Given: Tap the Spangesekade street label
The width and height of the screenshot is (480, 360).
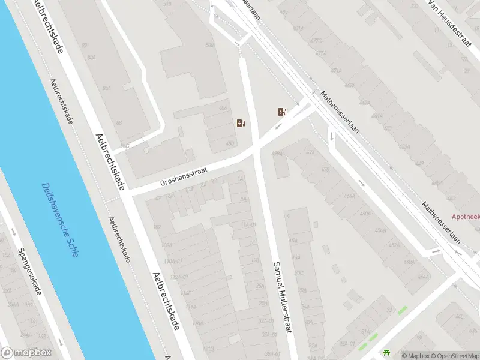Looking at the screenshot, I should [29, 271].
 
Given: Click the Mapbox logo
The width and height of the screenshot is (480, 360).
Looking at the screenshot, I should [26, 352].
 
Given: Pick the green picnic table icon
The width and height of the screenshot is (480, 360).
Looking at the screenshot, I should [386, 354].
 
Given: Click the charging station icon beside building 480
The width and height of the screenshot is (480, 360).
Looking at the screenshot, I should [241, 123].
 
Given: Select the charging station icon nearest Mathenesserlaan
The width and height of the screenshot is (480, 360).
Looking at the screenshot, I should [281, 112].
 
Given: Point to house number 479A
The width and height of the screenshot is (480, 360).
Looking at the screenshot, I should [277, 154].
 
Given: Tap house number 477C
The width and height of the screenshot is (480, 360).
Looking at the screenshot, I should [316, 41].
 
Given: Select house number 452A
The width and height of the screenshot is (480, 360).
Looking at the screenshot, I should [394, 245].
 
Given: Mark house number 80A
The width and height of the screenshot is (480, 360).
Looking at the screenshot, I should [91, 58].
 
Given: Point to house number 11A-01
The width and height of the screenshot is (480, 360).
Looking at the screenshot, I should [248, 224].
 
